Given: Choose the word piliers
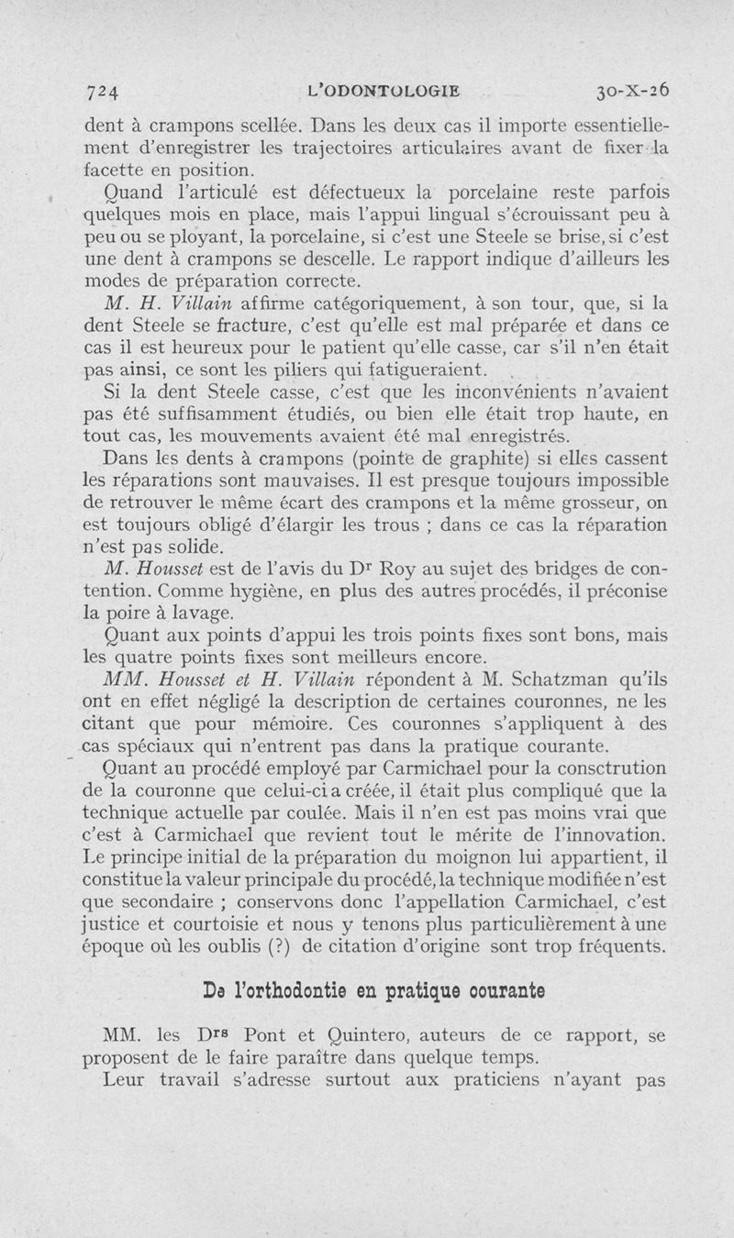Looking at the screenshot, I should [x=308, y=370].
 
